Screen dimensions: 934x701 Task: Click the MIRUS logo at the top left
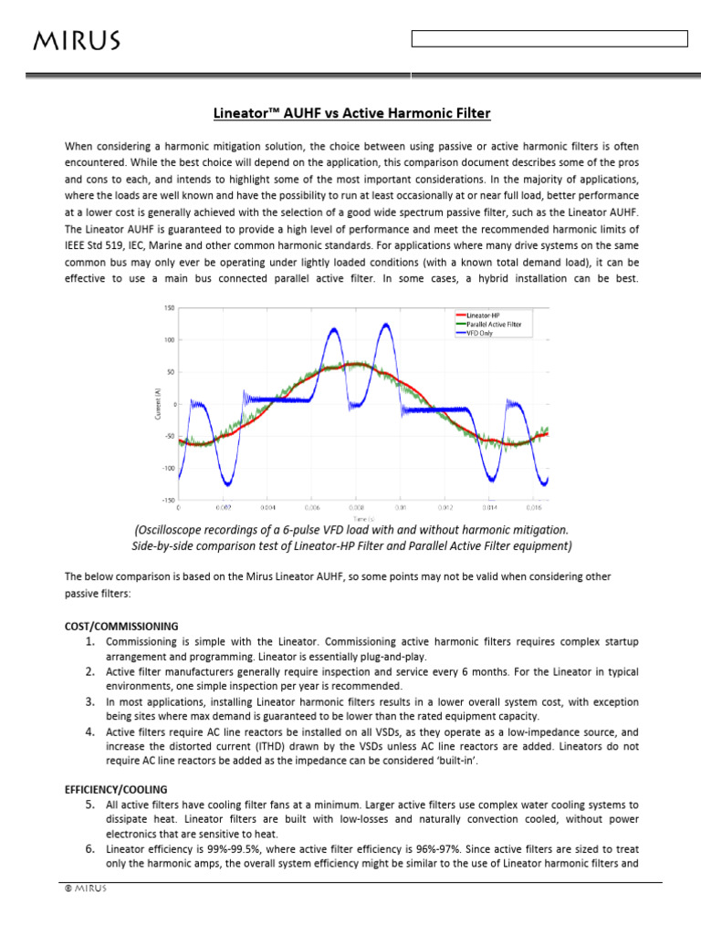click(x=77, y=40)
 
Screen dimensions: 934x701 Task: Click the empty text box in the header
click(x=549, y=38)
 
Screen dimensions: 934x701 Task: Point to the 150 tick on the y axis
click(x=169, y=308)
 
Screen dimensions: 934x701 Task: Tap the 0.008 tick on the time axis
click(x=356, y=506)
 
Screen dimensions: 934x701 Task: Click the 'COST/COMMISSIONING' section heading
click(x=121, y=626)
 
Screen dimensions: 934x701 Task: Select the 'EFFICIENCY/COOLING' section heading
click(x=116, y=788)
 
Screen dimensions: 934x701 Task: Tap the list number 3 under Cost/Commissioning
click(x=90, y=702)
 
